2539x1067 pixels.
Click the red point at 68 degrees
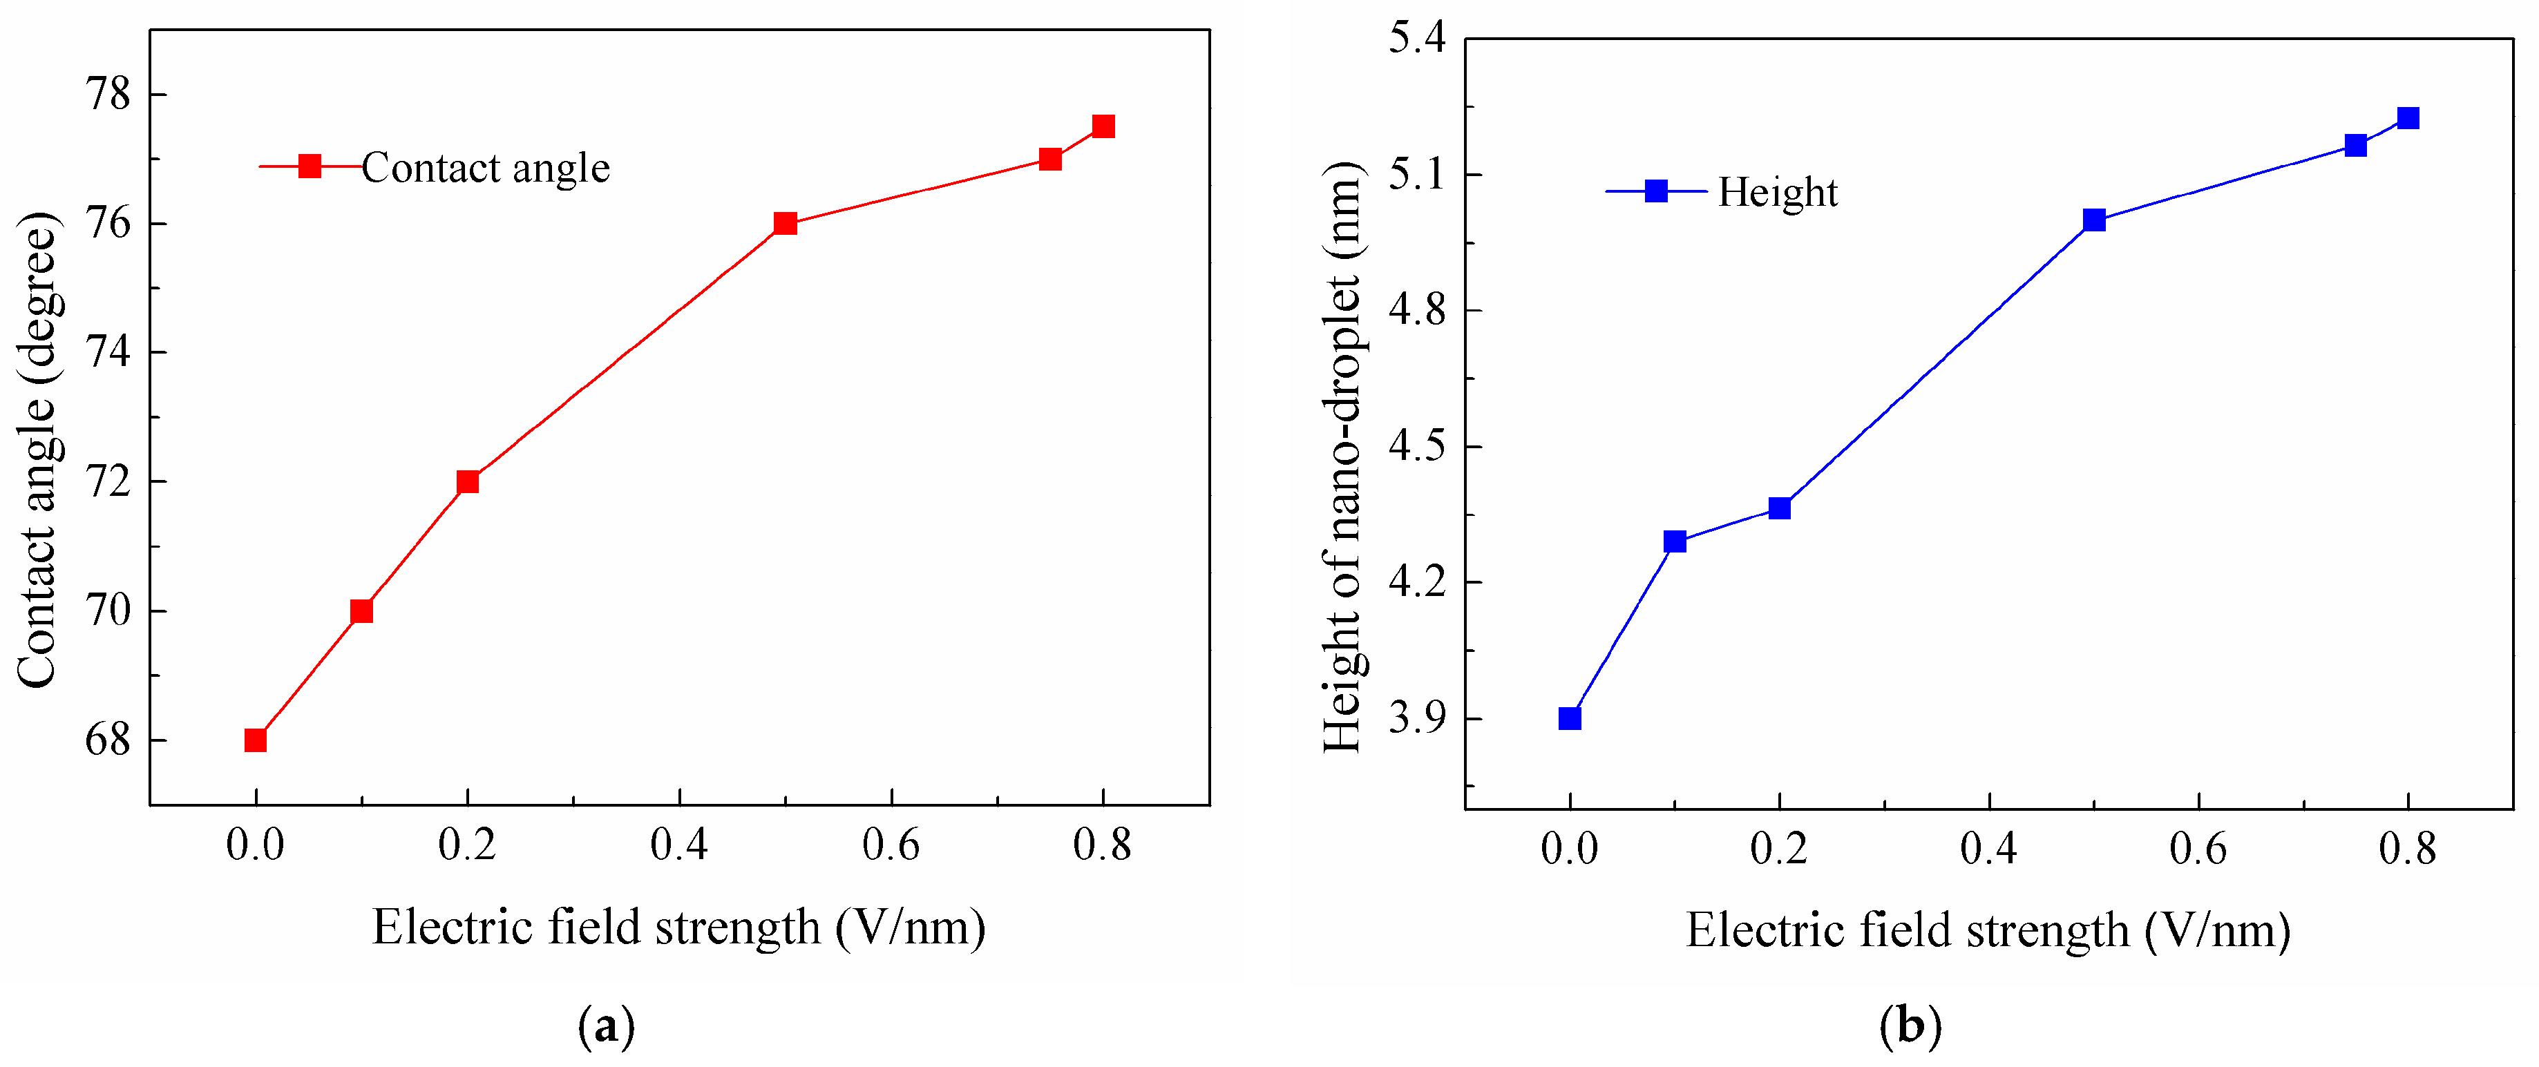pyautogui.click(x=255, y=740)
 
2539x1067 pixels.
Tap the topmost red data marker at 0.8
pyautogui.click(x=1103, y=126)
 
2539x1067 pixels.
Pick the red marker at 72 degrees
pyautogui.click(x=467, y=482)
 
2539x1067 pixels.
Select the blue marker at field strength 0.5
pyautogui.click(x=2095, y=220)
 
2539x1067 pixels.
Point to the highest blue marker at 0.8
pyautogui.click(x=2408, y=118)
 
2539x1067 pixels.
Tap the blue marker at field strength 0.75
pyautogui.click(x=2356, y=145)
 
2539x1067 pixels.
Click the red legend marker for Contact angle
pyautogui.click(x=310, y=166)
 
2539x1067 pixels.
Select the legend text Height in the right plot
pyautogui.click(x=1777, y=192)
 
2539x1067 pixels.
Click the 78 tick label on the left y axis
pyautogui.click(x=108, y=95)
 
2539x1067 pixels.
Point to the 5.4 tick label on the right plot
pyautogui.click(x=1416, y=39)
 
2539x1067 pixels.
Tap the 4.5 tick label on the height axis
pyautogui.click(x=1416, y=446)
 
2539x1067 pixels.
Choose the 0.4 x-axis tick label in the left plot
pyautogui.click(x=679, y=845)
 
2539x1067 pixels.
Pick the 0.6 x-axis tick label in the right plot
pyautogui.click(x=2198, y=848)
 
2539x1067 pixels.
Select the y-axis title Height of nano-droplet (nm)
pyautogui.click(x=1342, y=458)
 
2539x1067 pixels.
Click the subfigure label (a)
pyautogui.click(x=606, y=1027)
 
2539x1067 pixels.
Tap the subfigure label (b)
pyautogui.click(x=1910, y=1027)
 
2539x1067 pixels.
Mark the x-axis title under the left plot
pyautogui.click(x=679, y=927)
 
